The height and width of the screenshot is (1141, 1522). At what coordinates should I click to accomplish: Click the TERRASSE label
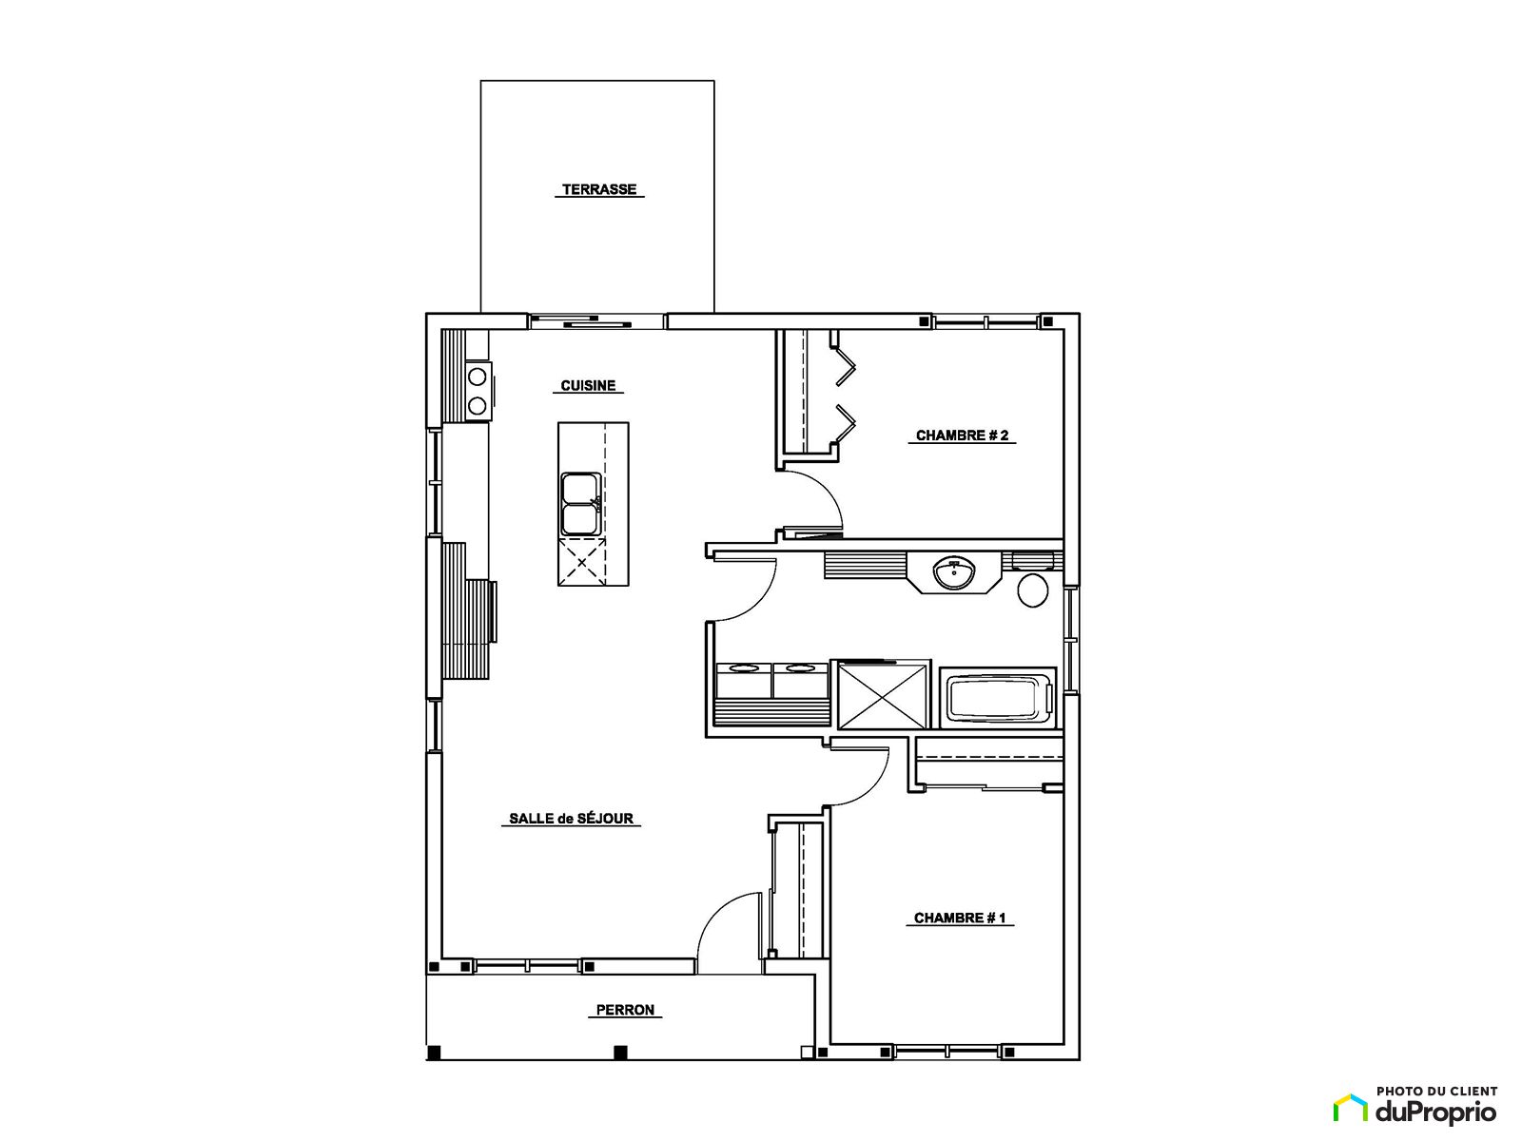pyautogui.click(x=599, y=189)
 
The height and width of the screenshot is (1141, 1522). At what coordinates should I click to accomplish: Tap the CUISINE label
pyautogui.click(x=588, y=385)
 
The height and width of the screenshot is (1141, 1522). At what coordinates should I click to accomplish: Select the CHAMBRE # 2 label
pyautogui.click(x=962, y=435)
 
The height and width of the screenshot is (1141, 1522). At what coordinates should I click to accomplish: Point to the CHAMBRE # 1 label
pyautogui.click(x=960, y=918)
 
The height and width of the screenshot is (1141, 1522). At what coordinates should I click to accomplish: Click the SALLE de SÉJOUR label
pyautogui.click(x=571, y=818)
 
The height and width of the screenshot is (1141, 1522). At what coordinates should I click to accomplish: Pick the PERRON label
pyautogui.click(x=625, y=1010)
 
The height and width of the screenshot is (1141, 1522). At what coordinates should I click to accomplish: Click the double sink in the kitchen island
pyautogui.click(x=581, y=504)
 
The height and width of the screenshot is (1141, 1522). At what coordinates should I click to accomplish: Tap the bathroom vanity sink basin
pyautogui.click(x=954, y=573)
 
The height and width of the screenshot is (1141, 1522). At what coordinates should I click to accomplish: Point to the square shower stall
pyautogui.click(x=882, y=695)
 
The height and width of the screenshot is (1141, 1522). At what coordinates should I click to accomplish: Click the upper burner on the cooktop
pyautogui.click(x=478, y=377)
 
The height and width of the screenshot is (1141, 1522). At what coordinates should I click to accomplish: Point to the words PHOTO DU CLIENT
pyautogui.click(x=1436, y=1092)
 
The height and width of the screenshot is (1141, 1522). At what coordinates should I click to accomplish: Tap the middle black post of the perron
pyautogui.click(x=620, y=1052)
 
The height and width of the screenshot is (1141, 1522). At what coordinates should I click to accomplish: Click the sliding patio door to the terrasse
pyautogui.click(x=596, y=321)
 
